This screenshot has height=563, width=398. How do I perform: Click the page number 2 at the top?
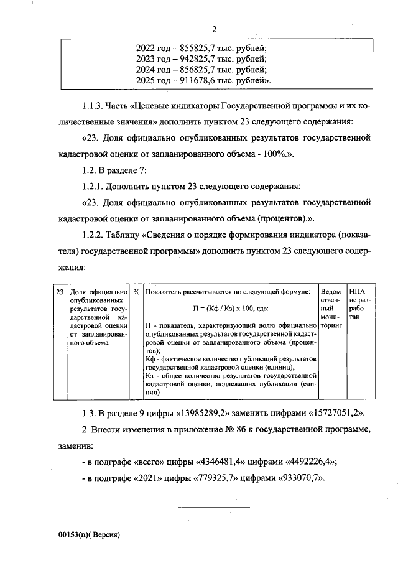coord(214,29)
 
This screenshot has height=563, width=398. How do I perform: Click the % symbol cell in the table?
coord(136,292)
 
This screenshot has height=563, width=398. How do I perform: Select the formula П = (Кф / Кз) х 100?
coord(230,309)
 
